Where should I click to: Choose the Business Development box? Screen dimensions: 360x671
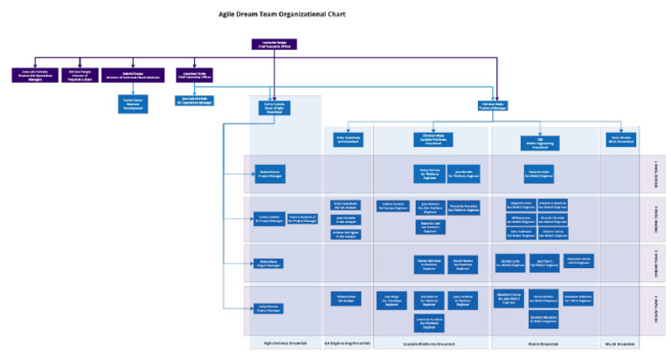click(132, 103)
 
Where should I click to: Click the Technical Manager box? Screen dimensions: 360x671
click(494, 106)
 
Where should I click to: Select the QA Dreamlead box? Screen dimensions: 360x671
click(348, 139)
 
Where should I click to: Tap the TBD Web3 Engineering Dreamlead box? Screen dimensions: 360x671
click(542, 139)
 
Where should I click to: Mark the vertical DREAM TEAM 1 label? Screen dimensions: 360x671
click(654, 173)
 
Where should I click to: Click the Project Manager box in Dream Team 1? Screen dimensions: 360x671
click(269, 173)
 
